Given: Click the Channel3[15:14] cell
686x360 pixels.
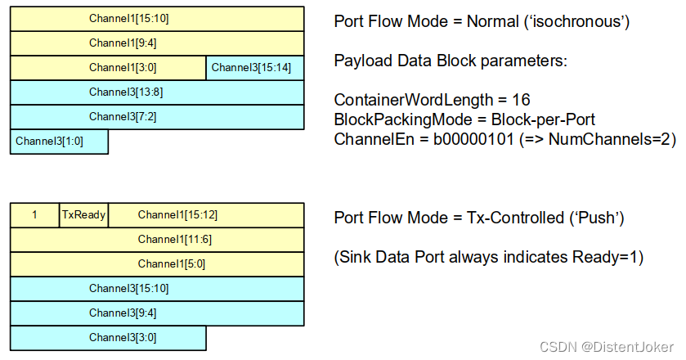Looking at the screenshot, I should pos(255,68).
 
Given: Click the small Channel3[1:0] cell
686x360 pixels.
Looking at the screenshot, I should pos(59,142).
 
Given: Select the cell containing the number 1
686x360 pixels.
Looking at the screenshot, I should pos(34,215).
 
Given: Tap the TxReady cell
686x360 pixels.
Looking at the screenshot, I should pos(83,215).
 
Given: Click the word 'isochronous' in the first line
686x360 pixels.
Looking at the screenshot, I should pos(581,22).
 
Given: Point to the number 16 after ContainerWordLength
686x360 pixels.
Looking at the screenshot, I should pos(521,100).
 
